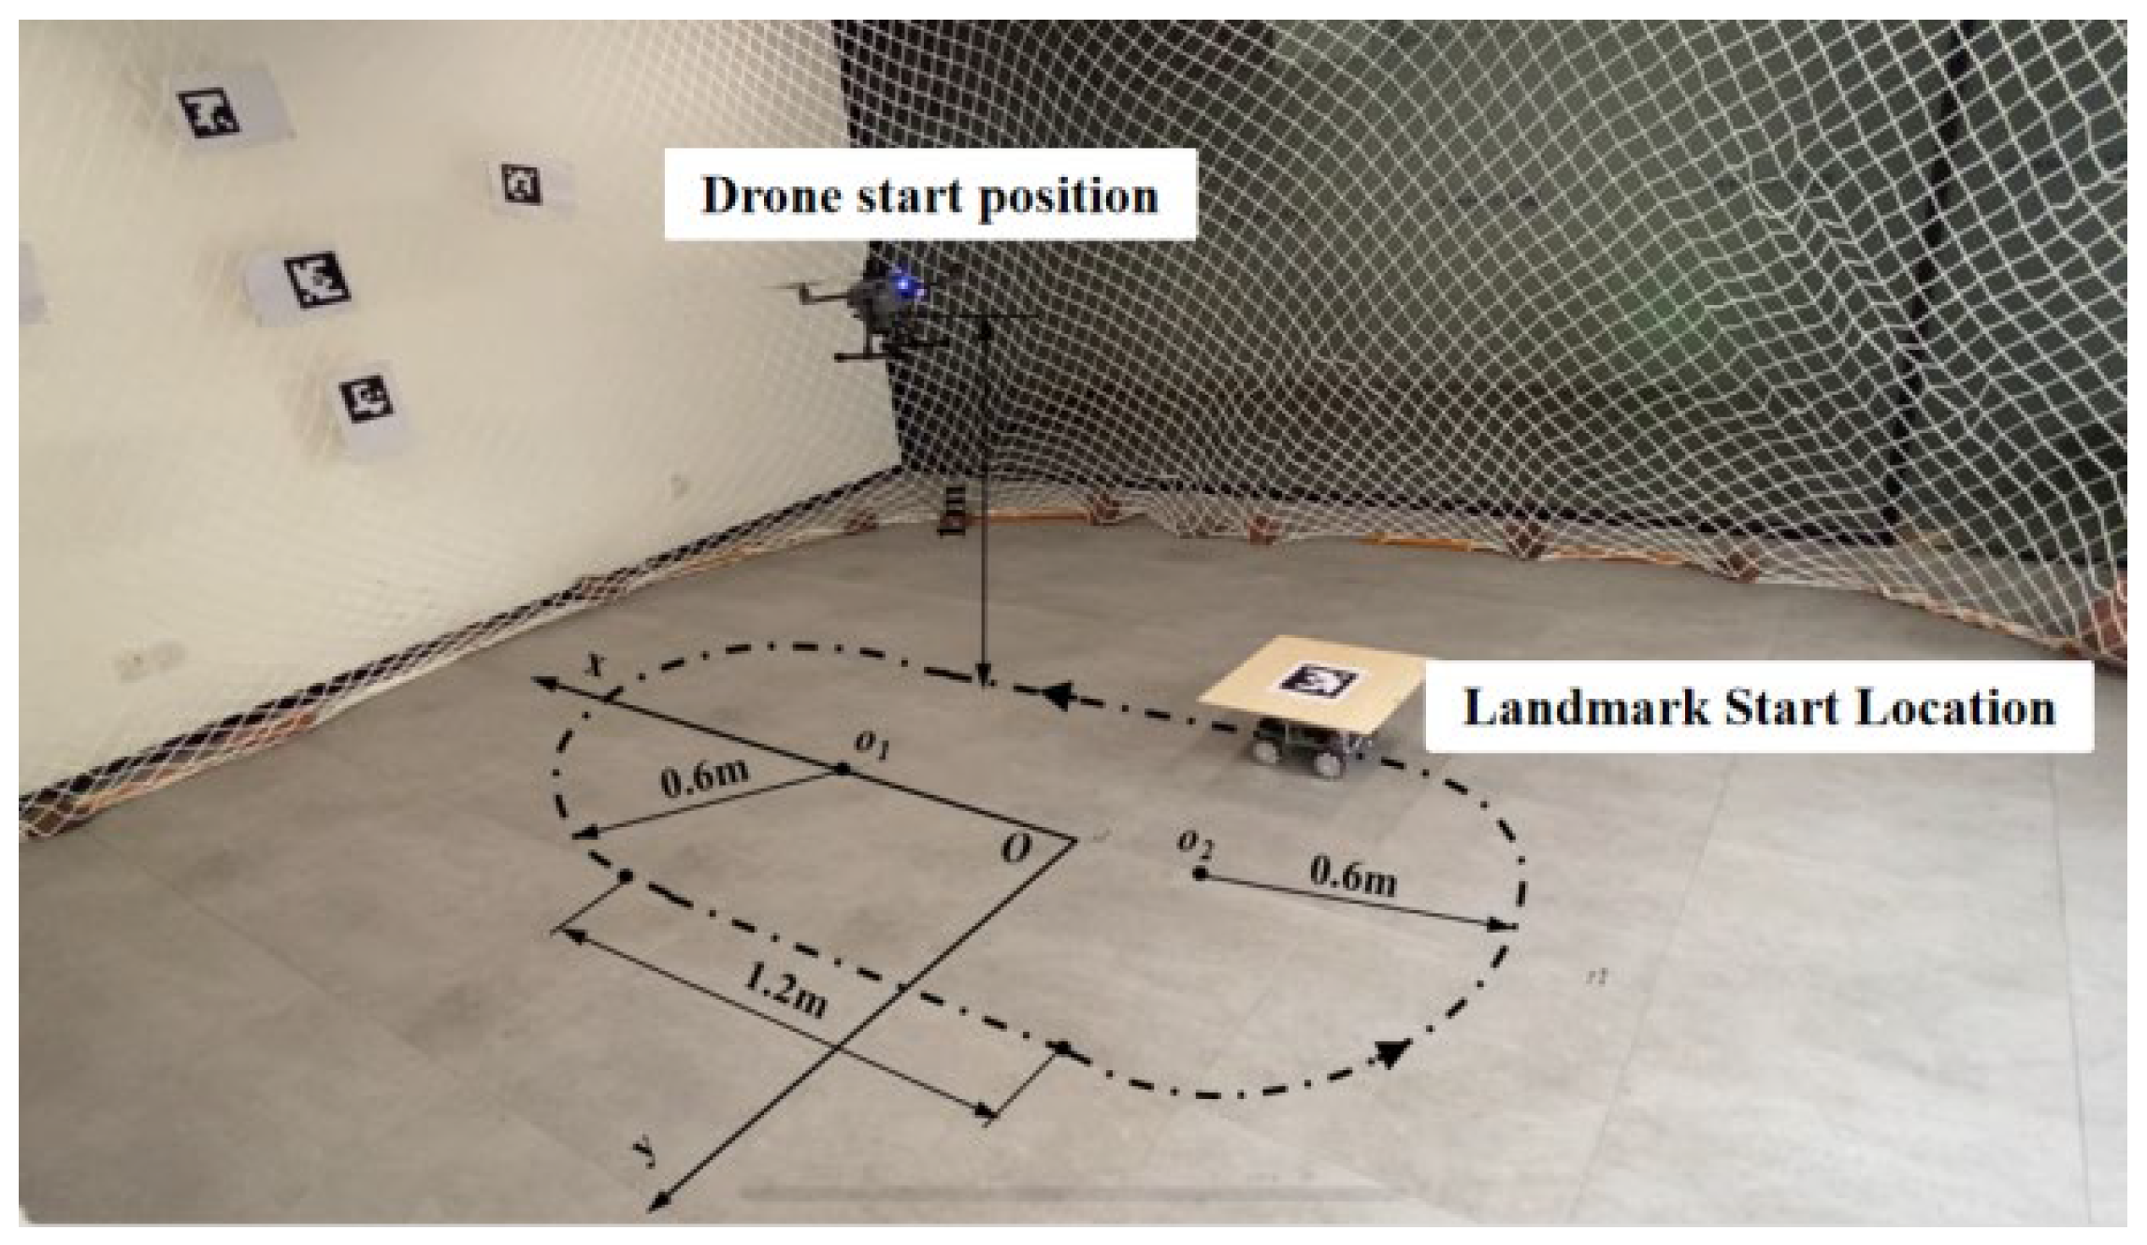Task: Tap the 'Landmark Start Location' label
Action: (x=1758, y=708)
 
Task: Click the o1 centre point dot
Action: (x=843, y=769)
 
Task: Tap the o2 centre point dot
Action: (x=1200, y=875)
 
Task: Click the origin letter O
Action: (x=1016, y=848)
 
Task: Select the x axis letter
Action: (x=593, y=664)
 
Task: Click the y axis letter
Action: (x=644, y=1151)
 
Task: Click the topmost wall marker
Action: (x=209, y=113)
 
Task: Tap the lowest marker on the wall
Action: (x=367, y=399)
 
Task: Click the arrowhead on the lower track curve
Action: (x=1391, y=1053)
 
